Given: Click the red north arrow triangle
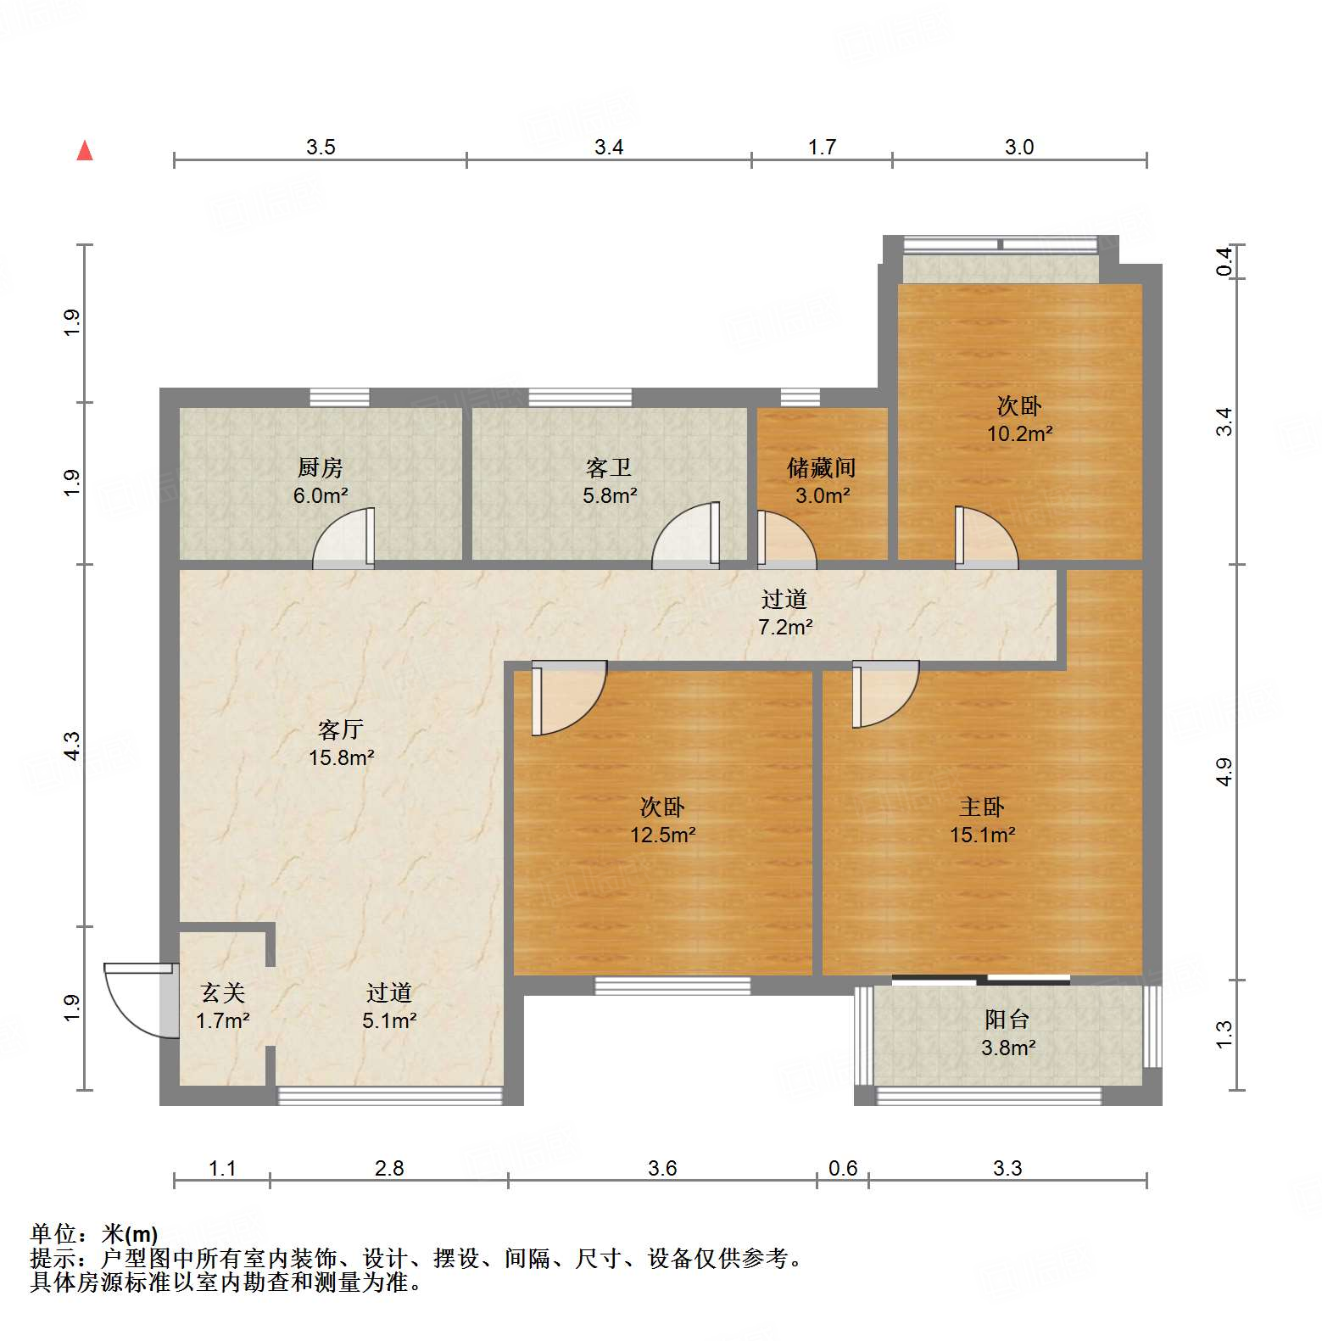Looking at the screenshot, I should tap(85, 151).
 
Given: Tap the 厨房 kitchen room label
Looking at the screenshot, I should tap(320, 467).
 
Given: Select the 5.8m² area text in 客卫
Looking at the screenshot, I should tap(609, 495).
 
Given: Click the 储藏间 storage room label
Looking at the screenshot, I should tap(821, 467).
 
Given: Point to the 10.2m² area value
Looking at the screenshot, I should tap(1018, 433).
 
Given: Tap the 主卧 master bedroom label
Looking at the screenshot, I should tap(981, 807).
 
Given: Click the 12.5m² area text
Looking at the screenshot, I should tap(662, 835).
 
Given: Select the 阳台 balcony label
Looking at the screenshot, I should tap(1007, 1020).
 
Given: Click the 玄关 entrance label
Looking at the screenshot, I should tap(222, 992).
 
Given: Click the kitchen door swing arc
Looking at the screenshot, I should tap(343, 539).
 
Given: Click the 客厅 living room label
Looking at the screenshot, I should tap(340, 729).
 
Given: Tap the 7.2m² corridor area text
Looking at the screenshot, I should tap(784, 627).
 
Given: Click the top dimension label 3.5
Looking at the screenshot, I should tap(321, 147).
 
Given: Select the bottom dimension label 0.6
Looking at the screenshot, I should tap(842, 1168).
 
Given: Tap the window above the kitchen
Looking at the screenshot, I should tap(339, 397).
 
